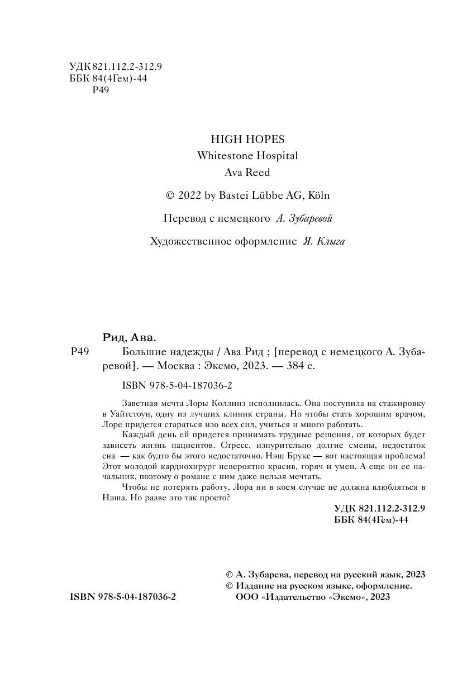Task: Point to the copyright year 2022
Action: [190, 195]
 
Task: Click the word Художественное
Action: [186, 241]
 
